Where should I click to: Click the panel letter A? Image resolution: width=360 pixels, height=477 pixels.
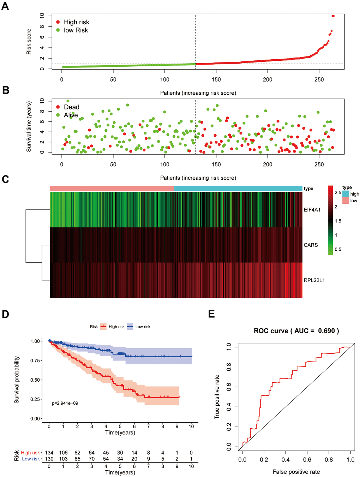(5, 6)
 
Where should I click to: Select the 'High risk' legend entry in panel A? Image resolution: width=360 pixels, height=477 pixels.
(76, 22)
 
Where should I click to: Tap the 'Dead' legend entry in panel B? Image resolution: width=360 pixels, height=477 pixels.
(71, 107)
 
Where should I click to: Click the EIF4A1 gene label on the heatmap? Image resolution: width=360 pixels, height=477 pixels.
(312, 210)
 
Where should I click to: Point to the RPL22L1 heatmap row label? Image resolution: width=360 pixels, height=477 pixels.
(314, 280)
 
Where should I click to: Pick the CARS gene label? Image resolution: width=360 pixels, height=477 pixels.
(311, 245)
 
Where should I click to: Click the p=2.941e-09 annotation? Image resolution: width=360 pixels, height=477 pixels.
(65, 403)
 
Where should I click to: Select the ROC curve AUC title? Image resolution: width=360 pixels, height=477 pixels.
(296, 331)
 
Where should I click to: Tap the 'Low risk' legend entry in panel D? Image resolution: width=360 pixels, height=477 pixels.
(143, 327)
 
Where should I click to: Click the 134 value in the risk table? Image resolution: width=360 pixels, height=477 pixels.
(49, 453)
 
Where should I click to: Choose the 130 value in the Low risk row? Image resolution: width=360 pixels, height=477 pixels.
(49, 459)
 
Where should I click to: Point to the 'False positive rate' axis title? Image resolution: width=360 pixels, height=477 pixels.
(296, 472)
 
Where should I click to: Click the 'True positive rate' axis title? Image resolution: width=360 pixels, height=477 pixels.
(217, 397)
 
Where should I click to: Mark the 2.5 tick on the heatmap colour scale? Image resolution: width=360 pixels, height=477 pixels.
(338, 193)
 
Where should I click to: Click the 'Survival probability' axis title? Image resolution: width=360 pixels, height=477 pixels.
(17, 380)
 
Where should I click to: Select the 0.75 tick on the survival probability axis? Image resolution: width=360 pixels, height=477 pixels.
(35, 360)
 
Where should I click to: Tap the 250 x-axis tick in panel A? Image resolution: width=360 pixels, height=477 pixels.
(319, 79)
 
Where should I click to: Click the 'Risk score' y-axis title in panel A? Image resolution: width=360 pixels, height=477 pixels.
(29, 42)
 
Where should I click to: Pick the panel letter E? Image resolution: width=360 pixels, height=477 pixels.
(211, 314)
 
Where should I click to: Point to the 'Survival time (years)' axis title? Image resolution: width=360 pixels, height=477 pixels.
(29, 127)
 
